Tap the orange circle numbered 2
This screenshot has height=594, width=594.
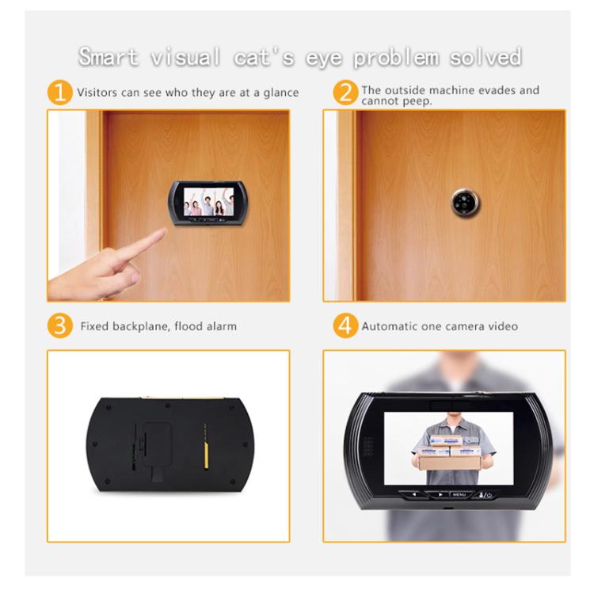click(345, 93)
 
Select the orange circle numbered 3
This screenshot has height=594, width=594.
click(60, 326)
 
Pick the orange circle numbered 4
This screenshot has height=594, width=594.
click(345, 326)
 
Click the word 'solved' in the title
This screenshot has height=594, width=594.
click(485, 57)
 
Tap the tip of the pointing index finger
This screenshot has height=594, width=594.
click(163, 231)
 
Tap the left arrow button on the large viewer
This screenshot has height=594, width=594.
click(413, 495)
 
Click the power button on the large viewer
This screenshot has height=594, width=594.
click(490, 495)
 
